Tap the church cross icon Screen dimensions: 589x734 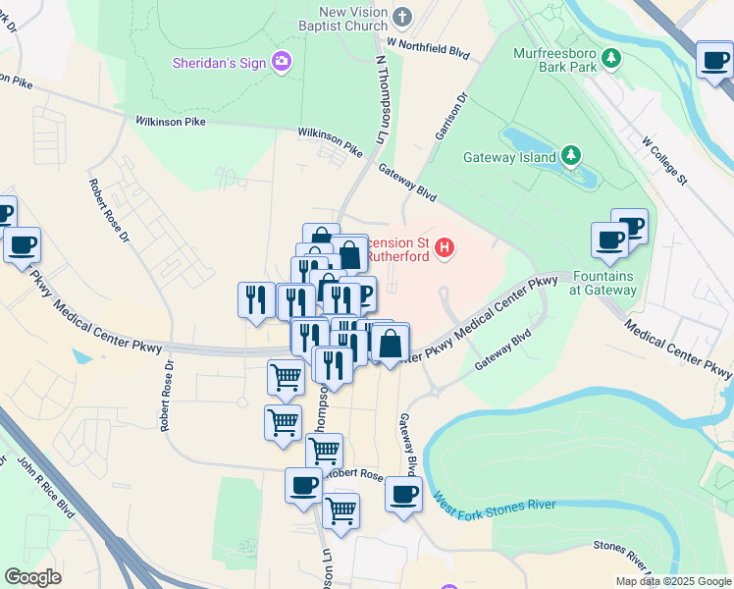[402, 17]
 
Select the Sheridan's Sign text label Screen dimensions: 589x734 [220, 63]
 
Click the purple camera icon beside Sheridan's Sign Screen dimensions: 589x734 [282, 63]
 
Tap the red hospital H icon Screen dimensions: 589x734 [445, 247]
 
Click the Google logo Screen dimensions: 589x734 [32, 577]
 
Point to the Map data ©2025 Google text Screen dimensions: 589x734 [672, 581]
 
